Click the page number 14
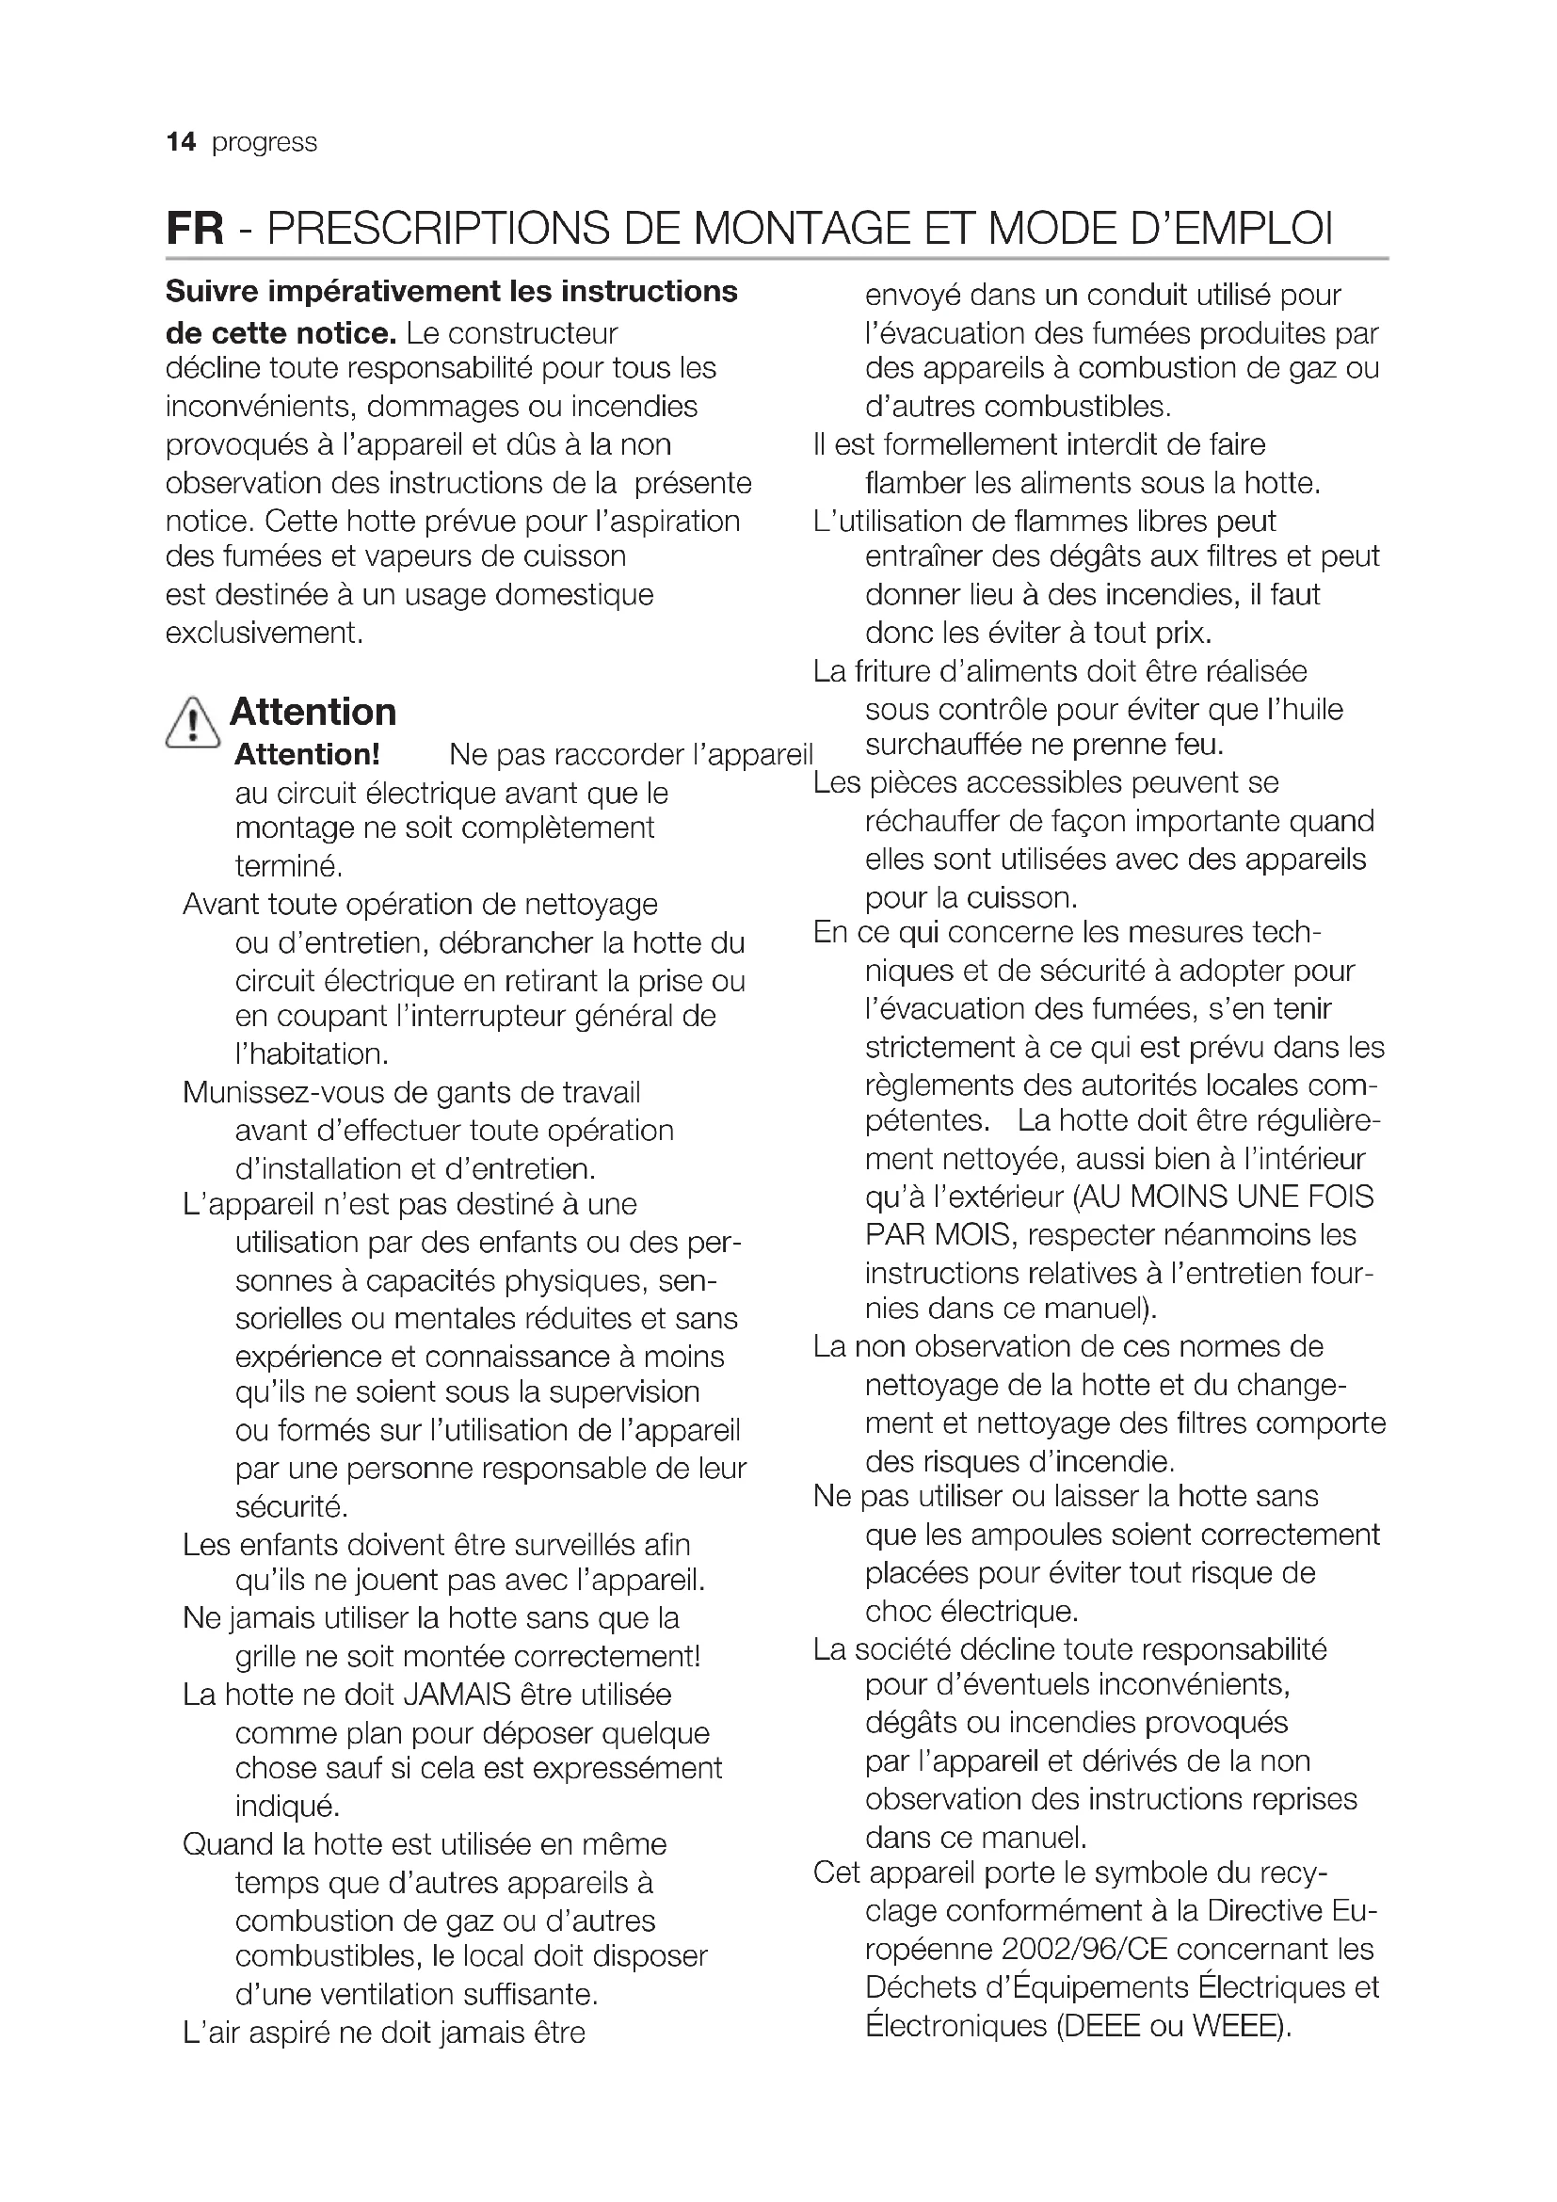point(180,143)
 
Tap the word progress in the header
point(264,143)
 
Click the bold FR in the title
point(195,229)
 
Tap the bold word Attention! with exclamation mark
point(307,755)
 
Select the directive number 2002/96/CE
point(1084,1949)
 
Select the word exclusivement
point(264,633)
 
